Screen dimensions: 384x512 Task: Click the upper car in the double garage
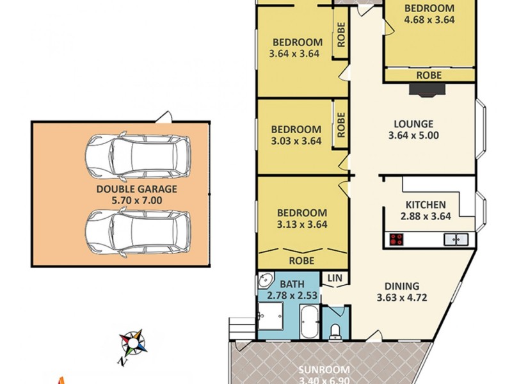click(x=138, y=155)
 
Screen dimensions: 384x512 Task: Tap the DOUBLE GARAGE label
click(x=136, y=189)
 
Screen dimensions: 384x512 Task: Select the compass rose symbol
click(x=133, y=343)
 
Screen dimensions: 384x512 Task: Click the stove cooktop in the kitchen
click(x=397, y=240)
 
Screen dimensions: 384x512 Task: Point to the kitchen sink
click(x=456, y=239)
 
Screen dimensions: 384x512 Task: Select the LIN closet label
click(x=334, y=278)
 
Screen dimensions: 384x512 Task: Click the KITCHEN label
click(x=426, y=205)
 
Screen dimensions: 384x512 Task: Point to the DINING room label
click(x=402, y=286)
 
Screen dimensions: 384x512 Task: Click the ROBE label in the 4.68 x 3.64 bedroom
click(x=428, y=75)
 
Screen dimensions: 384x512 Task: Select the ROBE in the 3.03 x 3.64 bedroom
click(x=341, y=125)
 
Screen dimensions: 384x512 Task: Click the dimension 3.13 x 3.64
click(x=301, y=224)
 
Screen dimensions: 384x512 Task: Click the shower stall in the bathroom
click(x=271, y=317)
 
